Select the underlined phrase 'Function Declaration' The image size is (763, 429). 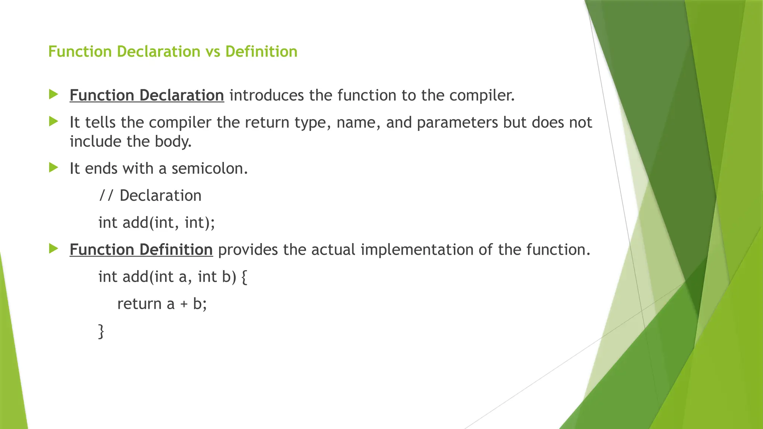pyautogui.click(x=147, y=95)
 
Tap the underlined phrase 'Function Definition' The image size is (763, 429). pyautogui.click(x=141, y=250)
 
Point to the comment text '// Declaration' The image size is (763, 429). pyautogui.click(x=150, y=196)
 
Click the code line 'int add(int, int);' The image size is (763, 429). pyautogui.click(x=156, y=223)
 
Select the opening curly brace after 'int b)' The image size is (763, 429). pyautogui.click(x=244, y=277)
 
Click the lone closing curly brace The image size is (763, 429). pyautogui.click(x=101, y=331)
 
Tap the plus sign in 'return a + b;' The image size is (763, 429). pyautogui.click(x=184, y=304)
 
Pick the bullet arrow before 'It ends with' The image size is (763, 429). pyautogui.click(x=54, y=168)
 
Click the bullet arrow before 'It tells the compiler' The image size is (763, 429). pyautogui.click(x=54, y=121)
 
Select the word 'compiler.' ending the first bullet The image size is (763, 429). pyautogui.click(x=482, y=96)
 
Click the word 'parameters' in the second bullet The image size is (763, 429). pyautogui.click(x=457, y=123)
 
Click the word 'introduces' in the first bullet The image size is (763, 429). pyautogui.click(x=266, y=95)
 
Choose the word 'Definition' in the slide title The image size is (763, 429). pyautogui.click(x=261, y=52)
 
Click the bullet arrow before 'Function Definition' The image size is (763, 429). pyautogui.click(x=54, y=248)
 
